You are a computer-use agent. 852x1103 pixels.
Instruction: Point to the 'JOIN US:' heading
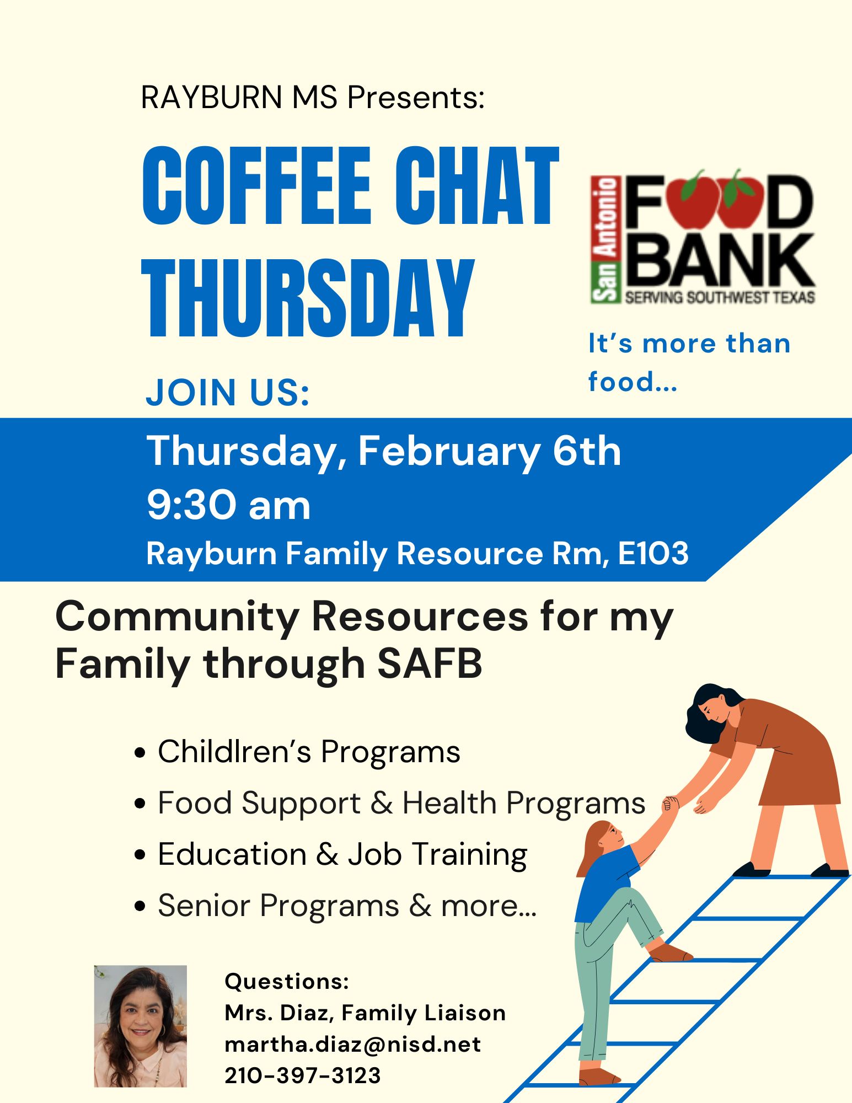(x=227, y=392)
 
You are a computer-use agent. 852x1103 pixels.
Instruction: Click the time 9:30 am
(x=228, y=505)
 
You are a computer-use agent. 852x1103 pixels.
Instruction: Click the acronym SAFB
(x=430, y=663)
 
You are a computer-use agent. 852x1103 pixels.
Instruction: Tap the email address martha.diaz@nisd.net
(x=353, y=1044)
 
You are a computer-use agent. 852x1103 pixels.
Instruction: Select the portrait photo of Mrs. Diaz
(x=141, y=1026)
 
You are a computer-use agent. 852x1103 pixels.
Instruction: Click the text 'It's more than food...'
(x=689, y=362)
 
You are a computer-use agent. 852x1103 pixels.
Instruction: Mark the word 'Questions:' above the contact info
(x=287, y=982)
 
